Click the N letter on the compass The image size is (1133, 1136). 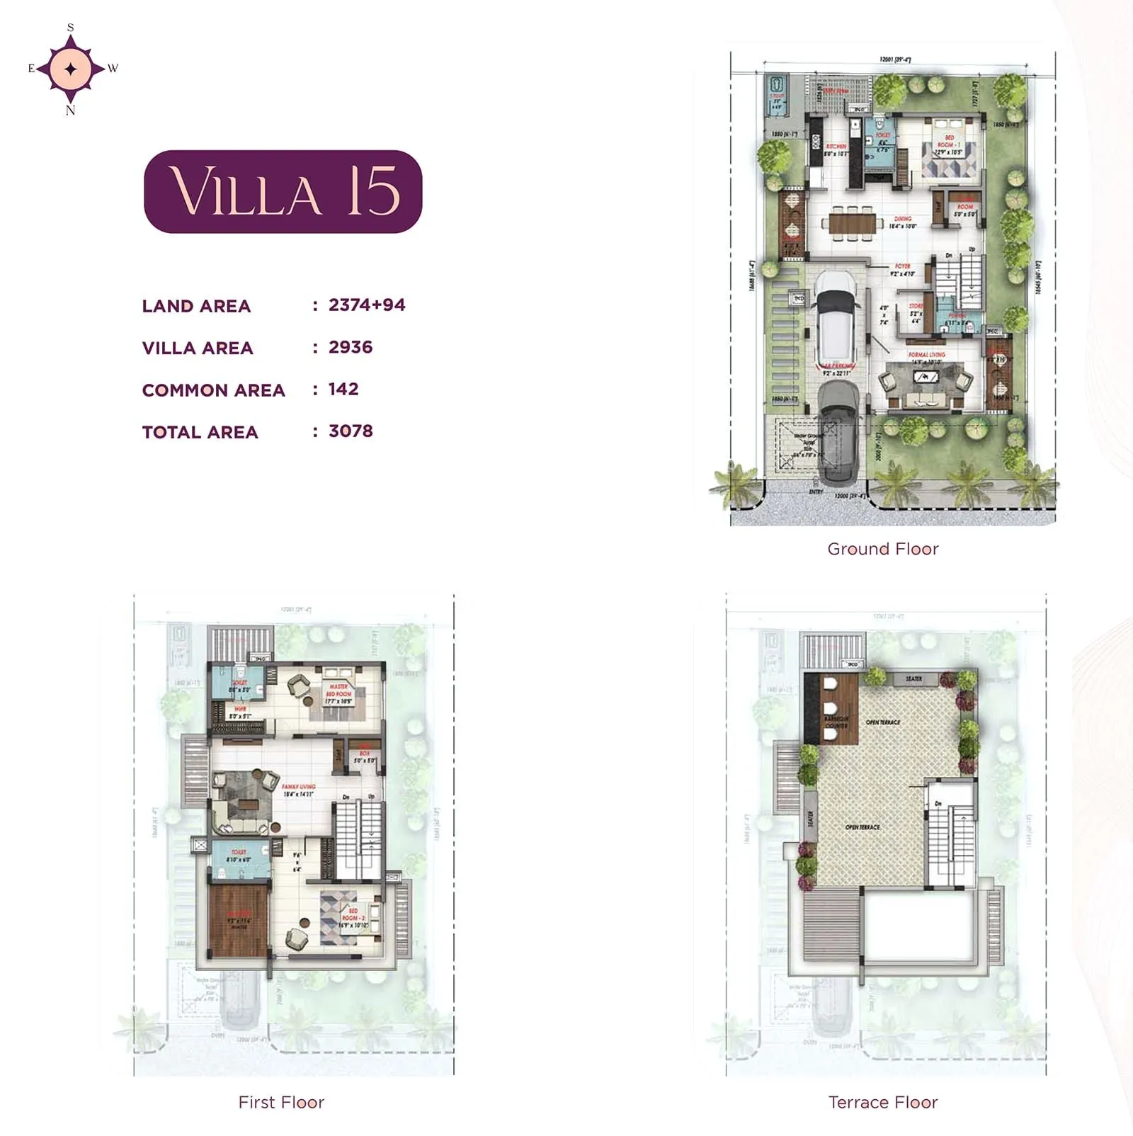point(70,110)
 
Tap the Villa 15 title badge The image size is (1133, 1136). point(283,191)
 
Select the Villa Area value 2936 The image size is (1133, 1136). point(350,347)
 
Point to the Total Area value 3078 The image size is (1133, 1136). point(351,431)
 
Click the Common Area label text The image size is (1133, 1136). point(213,390)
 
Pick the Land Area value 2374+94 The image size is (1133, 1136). point(367,305)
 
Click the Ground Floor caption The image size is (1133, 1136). point(882,549)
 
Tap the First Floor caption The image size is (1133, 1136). point(281,1102)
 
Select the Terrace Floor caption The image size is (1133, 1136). point(882,1102)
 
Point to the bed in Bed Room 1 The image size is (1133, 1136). point(949,159)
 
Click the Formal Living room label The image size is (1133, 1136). point(926,355)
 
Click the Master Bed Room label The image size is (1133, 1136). point(338,691)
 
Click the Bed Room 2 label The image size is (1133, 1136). point(352,914)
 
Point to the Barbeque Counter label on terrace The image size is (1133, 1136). point(836,722)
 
